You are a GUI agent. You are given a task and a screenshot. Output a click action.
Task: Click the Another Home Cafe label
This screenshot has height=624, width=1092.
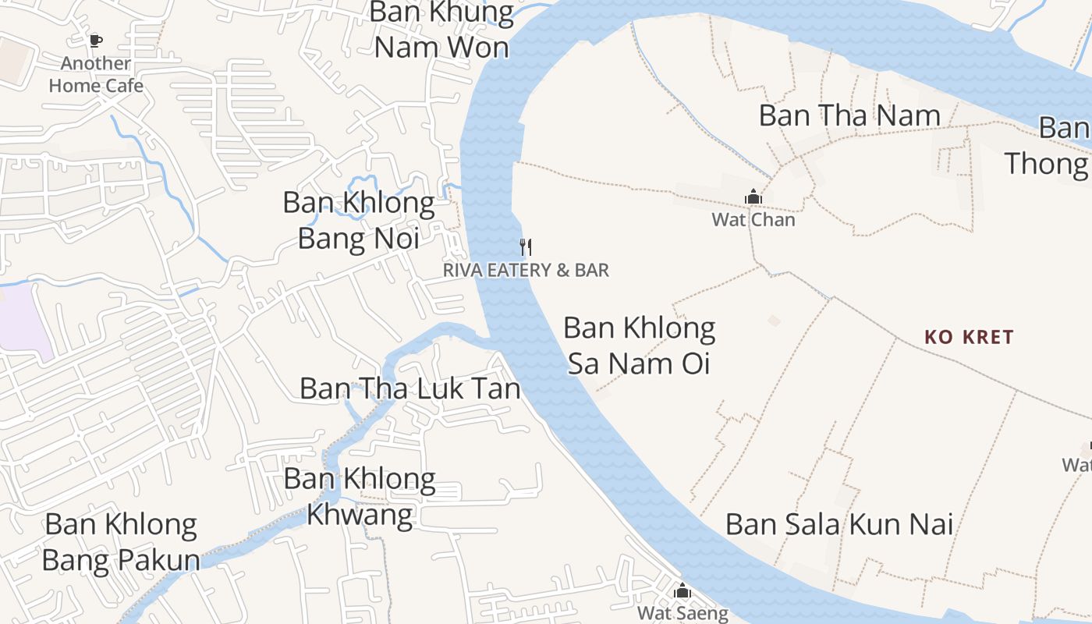click(x=96, y=74)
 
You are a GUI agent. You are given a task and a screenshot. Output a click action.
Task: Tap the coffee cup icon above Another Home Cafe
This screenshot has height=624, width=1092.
click(x=96, y=41)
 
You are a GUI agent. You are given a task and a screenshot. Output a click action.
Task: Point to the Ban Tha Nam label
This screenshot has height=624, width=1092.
click(x=849, y=115)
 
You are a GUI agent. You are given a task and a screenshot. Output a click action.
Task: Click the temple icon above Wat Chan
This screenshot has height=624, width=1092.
click(x=753, y=197)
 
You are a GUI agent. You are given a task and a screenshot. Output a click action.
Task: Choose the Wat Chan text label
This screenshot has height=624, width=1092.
click(x=753, y=219)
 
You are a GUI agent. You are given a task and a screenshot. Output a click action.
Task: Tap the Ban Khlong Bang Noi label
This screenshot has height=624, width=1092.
click(x=359, y=220)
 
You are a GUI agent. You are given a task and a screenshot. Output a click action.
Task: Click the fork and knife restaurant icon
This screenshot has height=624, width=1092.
click(x=526, y=247)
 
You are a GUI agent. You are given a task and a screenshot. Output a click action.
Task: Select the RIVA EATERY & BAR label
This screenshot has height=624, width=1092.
click(x=526, y=270)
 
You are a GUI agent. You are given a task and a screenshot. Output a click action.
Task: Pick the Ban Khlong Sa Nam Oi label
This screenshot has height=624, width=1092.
click(x=639, y=346)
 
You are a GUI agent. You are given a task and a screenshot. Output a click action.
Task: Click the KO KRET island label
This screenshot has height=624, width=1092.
click(x=969, y=337)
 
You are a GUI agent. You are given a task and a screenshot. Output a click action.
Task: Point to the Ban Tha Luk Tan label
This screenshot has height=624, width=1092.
click(x=409, y=388)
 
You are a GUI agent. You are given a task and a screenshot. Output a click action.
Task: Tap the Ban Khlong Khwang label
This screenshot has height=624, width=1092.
click(x=360, y=496)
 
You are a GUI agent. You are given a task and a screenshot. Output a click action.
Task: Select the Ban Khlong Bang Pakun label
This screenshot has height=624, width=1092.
click(x=121, y=542)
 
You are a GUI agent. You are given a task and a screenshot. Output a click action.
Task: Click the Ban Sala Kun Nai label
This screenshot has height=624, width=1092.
click(x=839, y=523)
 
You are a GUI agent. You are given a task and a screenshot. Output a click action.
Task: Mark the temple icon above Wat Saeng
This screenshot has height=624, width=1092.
click(x=682, y=591)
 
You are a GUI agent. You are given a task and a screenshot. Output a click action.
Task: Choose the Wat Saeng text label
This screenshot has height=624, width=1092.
click(x=682, y=613)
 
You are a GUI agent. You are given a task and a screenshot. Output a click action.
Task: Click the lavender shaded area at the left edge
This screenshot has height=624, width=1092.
click(x=23, y=320)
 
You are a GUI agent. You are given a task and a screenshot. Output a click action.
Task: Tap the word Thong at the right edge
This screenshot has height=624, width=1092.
click(x=1045, y=163)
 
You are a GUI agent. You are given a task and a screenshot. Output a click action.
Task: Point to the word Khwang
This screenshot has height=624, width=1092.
click(x=360, y=515)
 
